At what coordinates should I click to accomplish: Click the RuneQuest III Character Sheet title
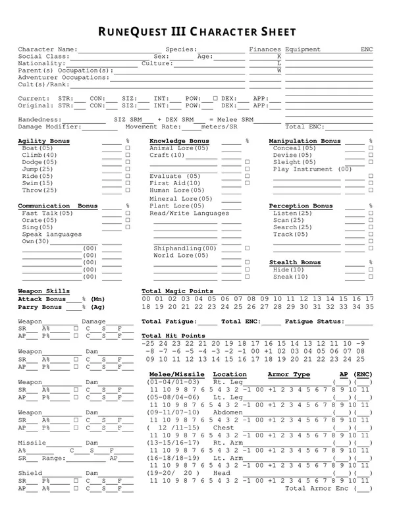pos(197,32)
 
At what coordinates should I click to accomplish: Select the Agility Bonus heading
pos(43,142)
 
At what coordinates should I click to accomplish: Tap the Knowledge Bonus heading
pos(179,142)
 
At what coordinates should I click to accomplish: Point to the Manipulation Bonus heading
pos(305,142)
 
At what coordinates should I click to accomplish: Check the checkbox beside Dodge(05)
pos(128,163)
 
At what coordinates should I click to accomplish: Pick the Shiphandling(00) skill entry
pos(185,248)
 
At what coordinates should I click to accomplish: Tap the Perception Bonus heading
pos(302,206)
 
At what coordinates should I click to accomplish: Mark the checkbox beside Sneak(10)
pos(371,277)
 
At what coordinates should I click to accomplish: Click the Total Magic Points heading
pos(177,291)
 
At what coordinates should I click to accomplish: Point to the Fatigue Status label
pos(315,321)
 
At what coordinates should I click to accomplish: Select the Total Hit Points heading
pos(173,336)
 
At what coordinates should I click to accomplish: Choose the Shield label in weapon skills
pos(30,474)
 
